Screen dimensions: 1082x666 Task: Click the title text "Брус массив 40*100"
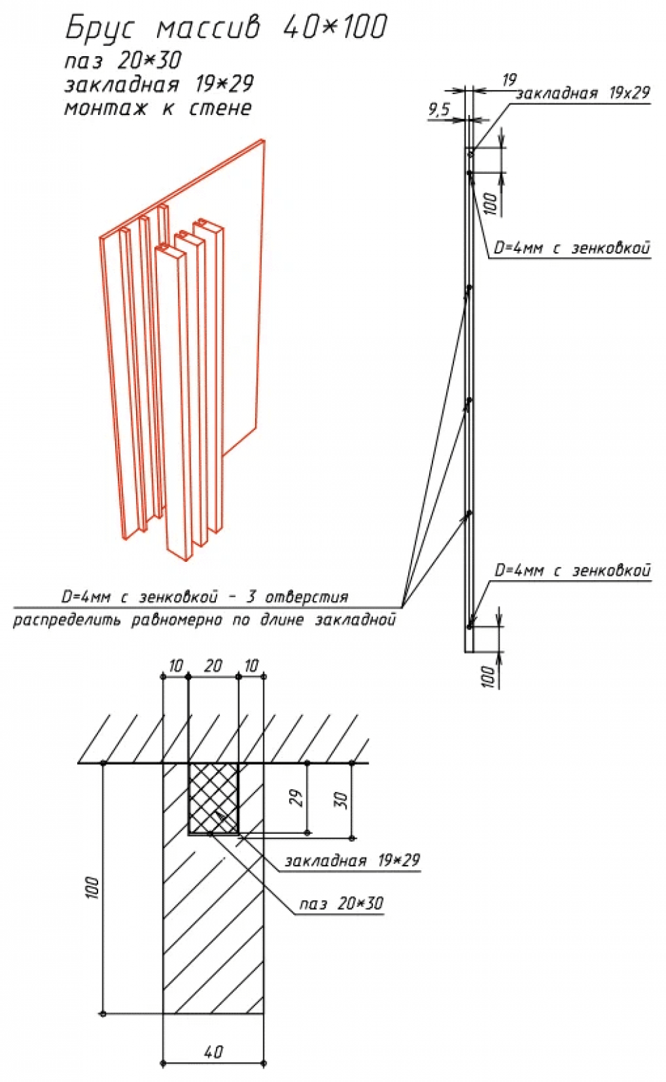click(x=226, y=28)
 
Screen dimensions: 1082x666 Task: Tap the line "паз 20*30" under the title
click(x=123, y=61)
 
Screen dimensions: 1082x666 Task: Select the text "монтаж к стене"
click(x=158, y=108)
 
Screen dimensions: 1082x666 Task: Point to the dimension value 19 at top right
click(x=509, y=80)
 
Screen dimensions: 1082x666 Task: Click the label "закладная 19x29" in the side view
click(x=582, y=93)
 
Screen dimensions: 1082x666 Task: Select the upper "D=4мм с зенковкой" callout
click(x=572, y=248)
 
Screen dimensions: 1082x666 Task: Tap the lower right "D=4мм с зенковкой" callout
click(x=572, y=571)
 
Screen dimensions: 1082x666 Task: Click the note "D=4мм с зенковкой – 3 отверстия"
click(x=204, y=597)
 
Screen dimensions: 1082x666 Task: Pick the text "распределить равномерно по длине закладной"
click(x=204, y=619)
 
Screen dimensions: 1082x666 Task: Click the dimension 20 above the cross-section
click(x=213, y=666)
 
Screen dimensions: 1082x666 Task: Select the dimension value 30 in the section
click(x=342, y=800)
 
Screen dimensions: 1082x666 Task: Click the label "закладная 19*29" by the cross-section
click(x=352, y=860)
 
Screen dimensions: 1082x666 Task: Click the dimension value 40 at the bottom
click(x=213, y=1052)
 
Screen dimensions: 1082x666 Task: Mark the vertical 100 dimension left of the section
click(x=93, y=887)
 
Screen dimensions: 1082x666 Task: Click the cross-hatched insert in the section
click(x=213, y=798)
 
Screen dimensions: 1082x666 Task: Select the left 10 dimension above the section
click(x=176, y=666)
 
